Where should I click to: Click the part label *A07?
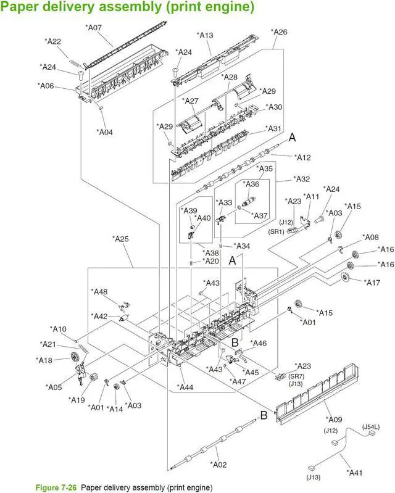point(94,28)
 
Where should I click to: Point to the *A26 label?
point(280,31)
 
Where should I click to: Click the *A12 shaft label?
point(302,157)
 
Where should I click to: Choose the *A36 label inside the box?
point(252,184)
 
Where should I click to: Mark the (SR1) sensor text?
point(276,232)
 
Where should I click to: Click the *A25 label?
point(121,238)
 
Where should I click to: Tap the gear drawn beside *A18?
point(75,357)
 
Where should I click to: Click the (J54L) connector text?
point(371,426)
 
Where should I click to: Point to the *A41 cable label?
point(355,473)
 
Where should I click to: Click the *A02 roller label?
point(219,464)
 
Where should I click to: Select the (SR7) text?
point(296,376)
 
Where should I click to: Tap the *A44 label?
point(186,387)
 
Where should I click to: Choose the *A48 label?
point(99,292)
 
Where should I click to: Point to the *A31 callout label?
point(274,128)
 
